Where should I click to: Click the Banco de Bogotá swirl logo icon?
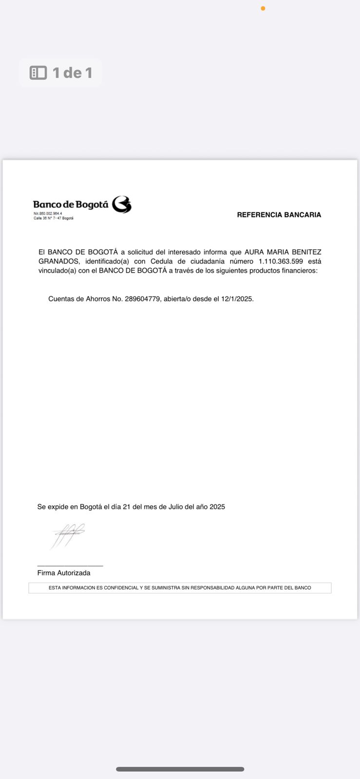click(122, 205)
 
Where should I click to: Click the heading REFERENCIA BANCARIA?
click(279, 215)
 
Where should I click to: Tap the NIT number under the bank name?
click(48, 214)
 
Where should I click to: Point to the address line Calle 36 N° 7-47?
click(53, 218)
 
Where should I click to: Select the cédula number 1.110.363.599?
click(281, 261)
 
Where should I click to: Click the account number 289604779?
click(142, 299)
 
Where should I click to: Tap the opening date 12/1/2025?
click(237, 299)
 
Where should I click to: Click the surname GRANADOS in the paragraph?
click(58, 261)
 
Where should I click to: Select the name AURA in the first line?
click(253, 252)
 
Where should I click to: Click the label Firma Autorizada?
click(64, 573)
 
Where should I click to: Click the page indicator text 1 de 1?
click(72, 73)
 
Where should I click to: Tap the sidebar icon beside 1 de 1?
click(38, 73)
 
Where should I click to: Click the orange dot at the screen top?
click(263, 8)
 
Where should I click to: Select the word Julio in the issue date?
click(175, 507)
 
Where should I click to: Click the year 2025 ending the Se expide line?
click(217, 507)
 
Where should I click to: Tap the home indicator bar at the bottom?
click(180, 769)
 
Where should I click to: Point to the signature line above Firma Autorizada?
click(70, 566)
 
